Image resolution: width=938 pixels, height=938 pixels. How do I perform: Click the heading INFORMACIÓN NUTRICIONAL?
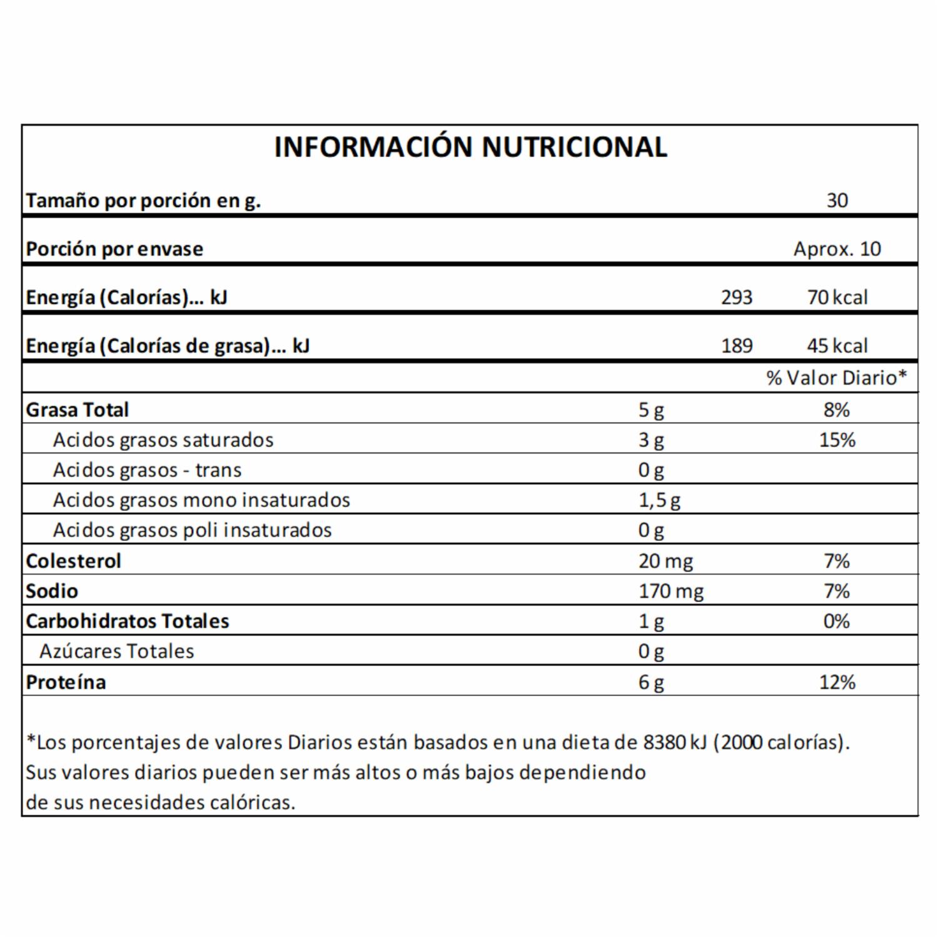[x=470, y=148]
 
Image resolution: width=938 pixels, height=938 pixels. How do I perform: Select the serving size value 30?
[x=837, y=201]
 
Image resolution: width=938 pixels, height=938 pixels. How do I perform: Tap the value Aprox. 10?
[x=837, y=249]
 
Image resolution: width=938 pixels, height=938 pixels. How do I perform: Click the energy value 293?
[x=736, y=297]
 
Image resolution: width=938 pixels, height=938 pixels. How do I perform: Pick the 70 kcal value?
[x=837, y=297]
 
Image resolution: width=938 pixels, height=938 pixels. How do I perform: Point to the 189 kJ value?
[x=736, y=346]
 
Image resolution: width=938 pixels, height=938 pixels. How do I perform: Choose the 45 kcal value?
[x=837, y=346]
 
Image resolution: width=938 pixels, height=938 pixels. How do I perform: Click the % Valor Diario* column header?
[x=836, y=378]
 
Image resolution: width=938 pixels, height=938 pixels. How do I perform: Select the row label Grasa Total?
[x=77, y=410]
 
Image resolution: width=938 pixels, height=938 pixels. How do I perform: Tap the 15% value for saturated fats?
[x=837, y=440]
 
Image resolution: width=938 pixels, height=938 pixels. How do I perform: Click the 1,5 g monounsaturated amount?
[x=659, y=500]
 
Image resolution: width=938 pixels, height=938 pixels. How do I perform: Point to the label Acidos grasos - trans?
[x=147, y=470]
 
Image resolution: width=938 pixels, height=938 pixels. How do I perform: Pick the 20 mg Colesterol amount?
[x=665, y=561]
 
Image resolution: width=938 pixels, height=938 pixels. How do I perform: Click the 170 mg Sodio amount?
[x=670, y=591]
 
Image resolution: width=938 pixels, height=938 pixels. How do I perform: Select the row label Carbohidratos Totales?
[x=128, y=622]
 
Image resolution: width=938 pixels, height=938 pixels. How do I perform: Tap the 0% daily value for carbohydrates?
[x=837, y=622]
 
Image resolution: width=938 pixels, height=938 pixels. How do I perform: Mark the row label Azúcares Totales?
[x=116, y=652]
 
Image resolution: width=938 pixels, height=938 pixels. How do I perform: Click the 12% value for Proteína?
[x=837, y=682]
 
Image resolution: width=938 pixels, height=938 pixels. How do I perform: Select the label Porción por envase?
[x=114, y=249]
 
